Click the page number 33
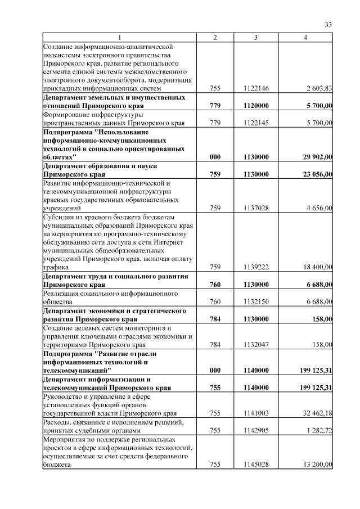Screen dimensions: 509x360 pyautogui.click(x=329, y=24)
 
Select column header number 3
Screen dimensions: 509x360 pyautogui.click(x=256, y=37)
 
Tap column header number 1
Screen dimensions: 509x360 pyautogui.click(x=119, y=37)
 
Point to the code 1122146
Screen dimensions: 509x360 pyautogui.click(x=256, y=88)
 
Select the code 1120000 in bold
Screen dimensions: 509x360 pyautogui.click(x=256, y=105)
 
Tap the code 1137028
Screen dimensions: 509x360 pyautogui.click(x=256, y=208)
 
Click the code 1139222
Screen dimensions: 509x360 pyautogui.click(x=256, y=268)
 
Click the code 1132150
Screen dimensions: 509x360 pyautogui.click(x=256, y=302)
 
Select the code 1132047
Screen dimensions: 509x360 pyautogui.click(x=256, y=344)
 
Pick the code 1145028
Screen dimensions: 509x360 pyautogui.click(x=256, y=465)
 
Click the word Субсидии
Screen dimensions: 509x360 pyautogui.click(x=58, y=217)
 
